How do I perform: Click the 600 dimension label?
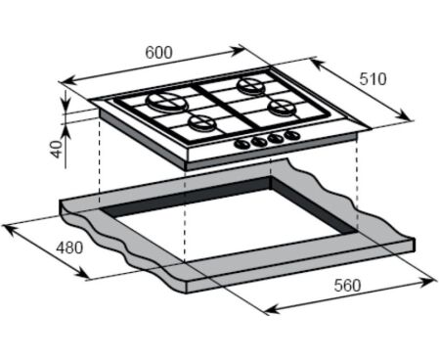(x=158, y=53)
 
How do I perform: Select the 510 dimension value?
(x=373, y=79)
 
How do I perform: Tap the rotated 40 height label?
(x=57, y=150)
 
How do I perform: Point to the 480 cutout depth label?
(x=69, y=247)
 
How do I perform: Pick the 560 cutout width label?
(x=347, y=286)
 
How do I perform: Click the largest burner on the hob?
(x=167, y=101)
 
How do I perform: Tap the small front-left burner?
(x=202, y=123)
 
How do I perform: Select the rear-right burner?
(x=251, y=85)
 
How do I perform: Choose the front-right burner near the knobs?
(x=281, y=107)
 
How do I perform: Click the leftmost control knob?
(x=242, y=144)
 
